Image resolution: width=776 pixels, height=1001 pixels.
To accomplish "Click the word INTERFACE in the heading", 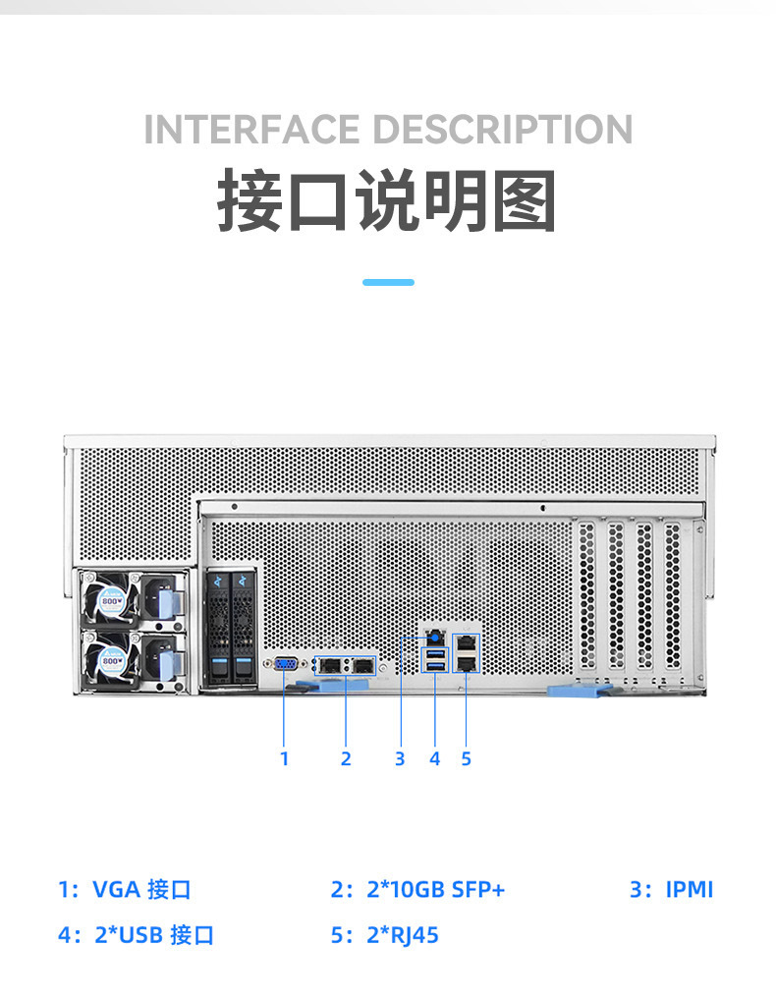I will click(x=251, y=130).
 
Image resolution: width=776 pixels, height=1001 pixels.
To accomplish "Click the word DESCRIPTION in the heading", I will click(x=502, y=130).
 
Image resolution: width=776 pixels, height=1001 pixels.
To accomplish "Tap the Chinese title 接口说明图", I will click(x=387, y=200).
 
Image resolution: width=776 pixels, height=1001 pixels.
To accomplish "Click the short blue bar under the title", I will click(x=388, y=282).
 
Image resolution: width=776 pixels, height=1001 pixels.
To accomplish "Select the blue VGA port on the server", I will click(x=285, y=665).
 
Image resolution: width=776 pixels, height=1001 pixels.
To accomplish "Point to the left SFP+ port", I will click(x=331, y=666).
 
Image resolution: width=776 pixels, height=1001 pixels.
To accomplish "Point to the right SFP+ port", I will click(x=363, y=666).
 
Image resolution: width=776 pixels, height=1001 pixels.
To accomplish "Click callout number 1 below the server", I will click(x=285, y=758).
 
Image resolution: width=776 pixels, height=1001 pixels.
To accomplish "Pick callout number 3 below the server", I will click(x=400, y=758).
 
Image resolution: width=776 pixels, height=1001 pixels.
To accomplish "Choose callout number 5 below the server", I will click(x=467, y=758).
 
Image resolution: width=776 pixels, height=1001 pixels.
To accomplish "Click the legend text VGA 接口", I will click(x=141, y=890).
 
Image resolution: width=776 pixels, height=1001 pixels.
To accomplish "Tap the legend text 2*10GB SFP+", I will click(x=435, y=890).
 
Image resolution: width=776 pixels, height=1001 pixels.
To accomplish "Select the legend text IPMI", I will click(x=690, y=890).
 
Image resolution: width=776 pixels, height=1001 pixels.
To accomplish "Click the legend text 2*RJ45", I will click(x=403, y=935).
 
